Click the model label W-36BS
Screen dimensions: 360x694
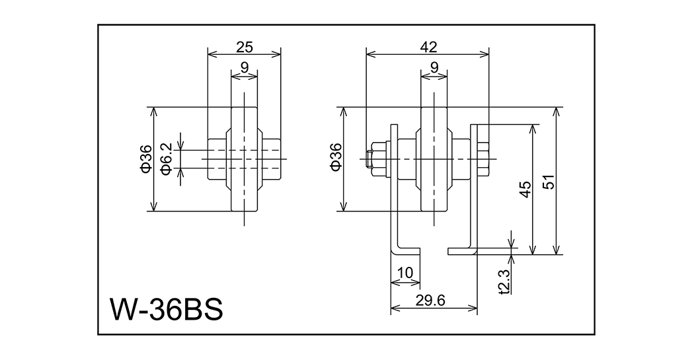click(166, 309)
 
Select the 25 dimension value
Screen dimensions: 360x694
click(245, 47)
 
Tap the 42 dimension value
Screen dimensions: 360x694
click(428, 47)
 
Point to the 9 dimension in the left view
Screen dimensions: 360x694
click(245, 67)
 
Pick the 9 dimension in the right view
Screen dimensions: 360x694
click(434, 67)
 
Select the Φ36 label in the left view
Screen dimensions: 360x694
click(146, 159)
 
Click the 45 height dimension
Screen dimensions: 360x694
click(525, 189)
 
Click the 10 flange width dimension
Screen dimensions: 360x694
click(405, 272)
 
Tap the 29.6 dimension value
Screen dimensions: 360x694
click(434, 300)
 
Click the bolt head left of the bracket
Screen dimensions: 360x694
click(379, 159)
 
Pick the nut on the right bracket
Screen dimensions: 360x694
click(482, 159)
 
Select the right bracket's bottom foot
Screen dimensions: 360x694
click(462, 251)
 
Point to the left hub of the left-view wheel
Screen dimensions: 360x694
click(219, 159)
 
